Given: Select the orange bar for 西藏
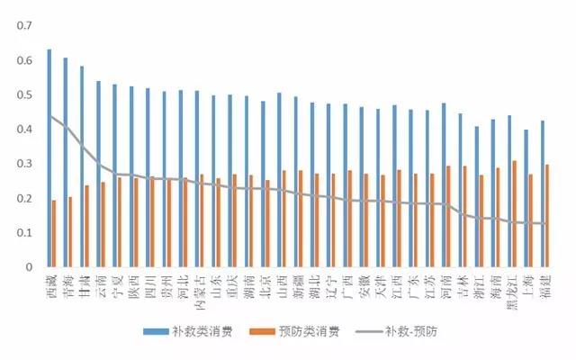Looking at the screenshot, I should [x=54, y=233].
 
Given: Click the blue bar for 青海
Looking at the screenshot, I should [x=66, y=162].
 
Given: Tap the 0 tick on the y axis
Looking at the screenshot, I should [x=30, y=266].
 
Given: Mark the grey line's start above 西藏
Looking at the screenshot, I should [x=51, y=116].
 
